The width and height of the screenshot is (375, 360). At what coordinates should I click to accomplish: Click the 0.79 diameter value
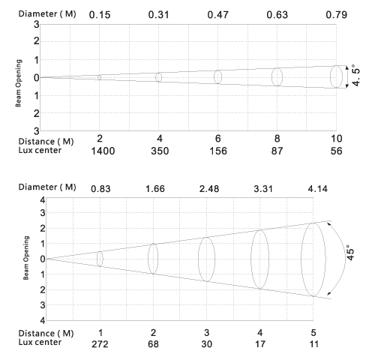click(x=337, y=15)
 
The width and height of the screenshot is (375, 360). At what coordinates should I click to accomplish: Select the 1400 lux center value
click(x=103, y=151)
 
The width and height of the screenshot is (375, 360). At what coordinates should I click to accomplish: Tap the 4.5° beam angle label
click(x=356, y=75)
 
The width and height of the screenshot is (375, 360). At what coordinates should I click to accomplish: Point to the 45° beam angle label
click(x=350, y=253)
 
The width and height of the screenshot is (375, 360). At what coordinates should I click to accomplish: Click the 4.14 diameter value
click(x=318, y=189)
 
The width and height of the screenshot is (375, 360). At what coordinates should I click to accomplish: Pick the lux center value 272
click(x=100, y=344)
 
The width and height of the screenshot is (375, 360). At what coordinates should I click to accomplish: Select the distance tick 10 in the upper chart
click(x=337, y=139)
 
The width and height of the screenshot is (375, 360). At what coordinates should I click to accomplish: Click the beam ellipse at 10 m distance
click(x=330, y=77)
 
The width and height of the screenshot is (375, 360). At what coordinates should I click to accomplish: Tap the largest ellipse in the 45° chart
click(x=301, y=259)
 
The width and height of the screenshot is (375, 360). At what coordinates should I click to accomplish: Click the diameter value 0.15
click(x=100, y=15)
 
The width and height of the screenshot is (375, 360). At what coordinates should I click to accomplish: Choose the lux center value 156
click(x=218, y=151)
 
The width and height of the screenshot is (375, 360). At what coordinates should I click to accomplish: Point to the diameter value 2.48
click(x=209, y=189)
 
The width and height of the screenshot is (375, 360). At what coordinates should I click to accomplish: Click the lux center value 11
click(x=314, y=344)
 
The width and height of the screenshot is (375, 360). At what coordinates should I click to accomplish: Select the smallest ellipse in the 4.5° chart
click(x=97, y=77)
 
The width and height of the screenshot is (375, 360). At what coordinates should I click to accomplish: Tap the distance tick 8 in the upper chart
click(x=277, y=139)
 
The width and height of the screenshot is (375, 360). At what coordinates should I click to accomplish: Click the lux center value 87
click(x=277, y=151)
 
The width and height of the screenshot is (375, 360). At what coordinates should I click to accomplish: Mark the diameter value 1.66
click(x=155, y=189)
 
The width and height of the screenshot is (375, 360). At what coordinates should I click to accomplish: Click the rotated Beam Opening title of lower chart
click(x=26, y=258)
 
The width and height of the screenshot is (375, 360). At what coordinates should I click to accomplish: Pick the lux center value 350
click(x=160, y=151)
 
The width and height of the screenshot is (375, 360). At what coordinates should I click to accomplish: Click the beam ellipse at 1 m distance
click(x=97, y=259)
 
